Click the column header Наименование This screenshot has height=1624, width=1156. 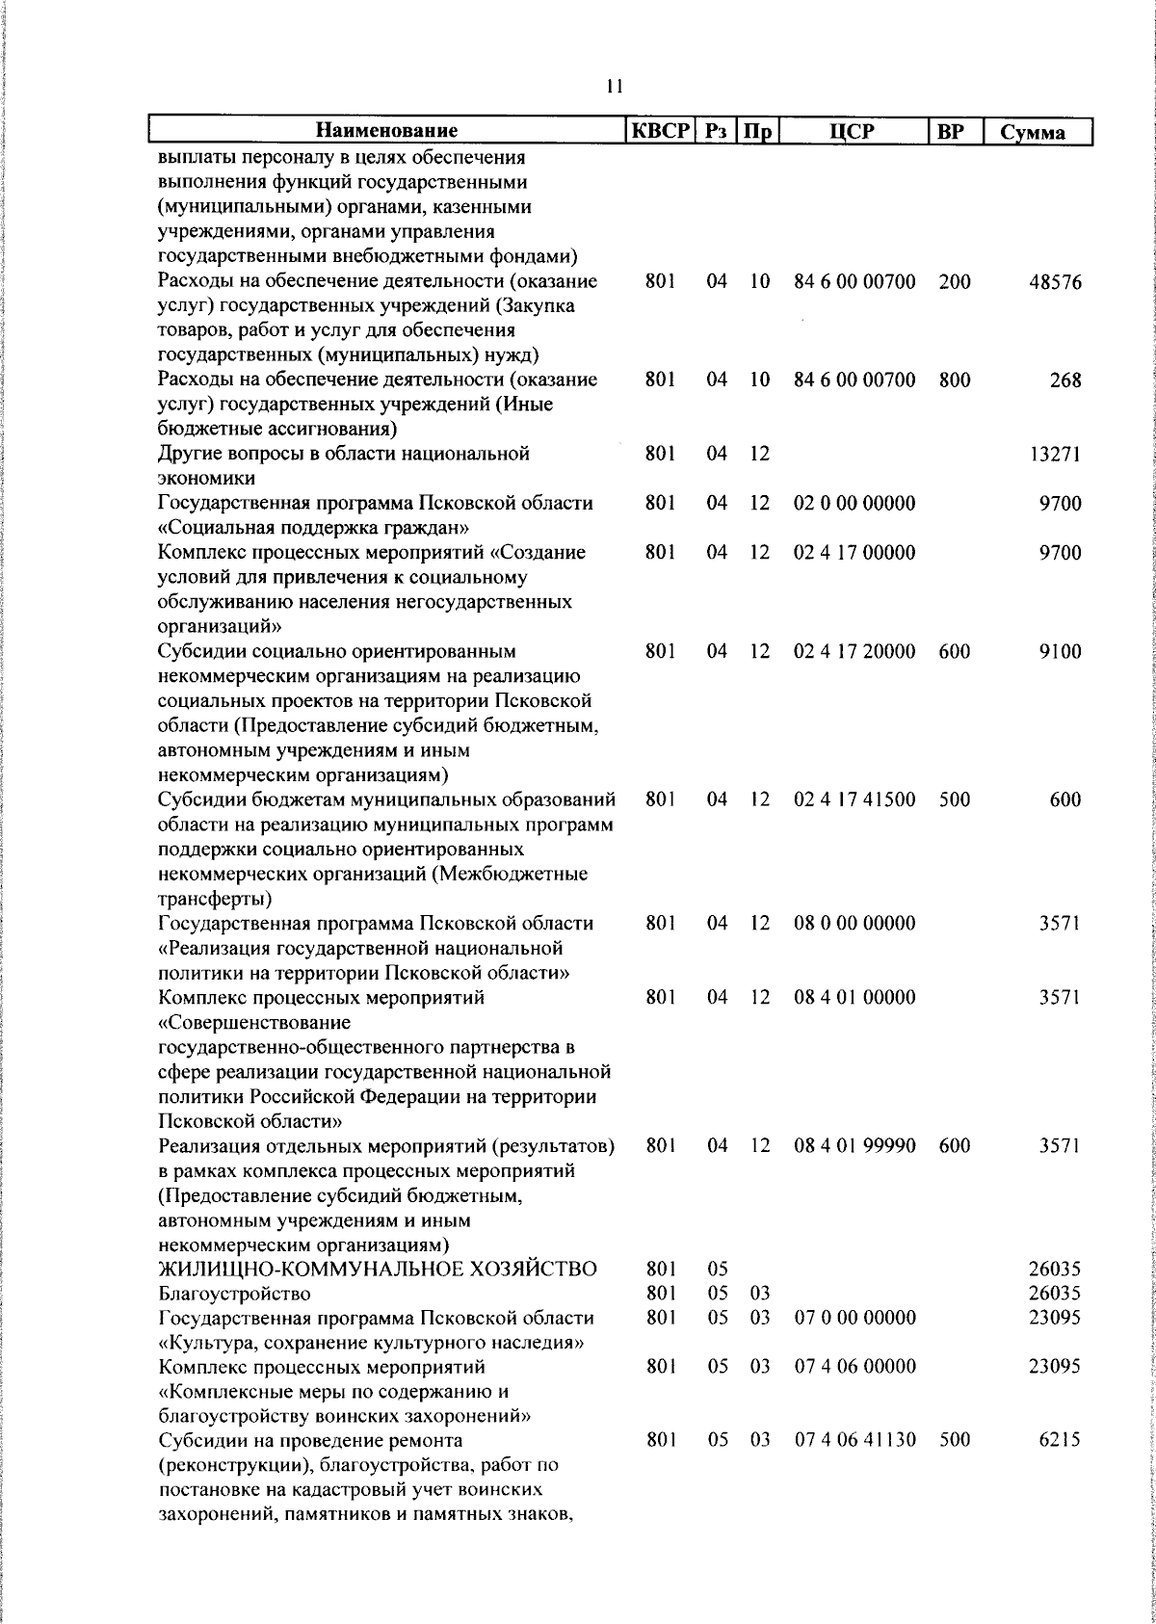(387, 131)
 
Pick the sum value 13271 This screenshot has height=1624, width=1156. (1055, 455)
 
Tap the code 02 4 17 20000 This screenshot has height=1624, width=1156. (854, 651)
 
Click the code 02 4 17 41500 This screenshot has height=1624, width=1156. (854, 799)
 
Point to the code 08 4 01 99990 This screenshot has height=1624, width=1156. (854, 1145)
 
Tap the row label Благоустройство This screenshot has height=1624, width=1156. (234, 1293)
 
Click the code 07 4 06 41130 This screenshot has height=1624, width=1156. (854, 1440)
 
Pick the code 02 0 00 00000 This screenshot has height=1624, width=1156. (854, 503)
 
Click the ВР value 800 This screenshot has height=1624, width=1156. (955, 380)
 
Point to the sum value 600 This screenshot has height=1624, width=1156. (1065, 799)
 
